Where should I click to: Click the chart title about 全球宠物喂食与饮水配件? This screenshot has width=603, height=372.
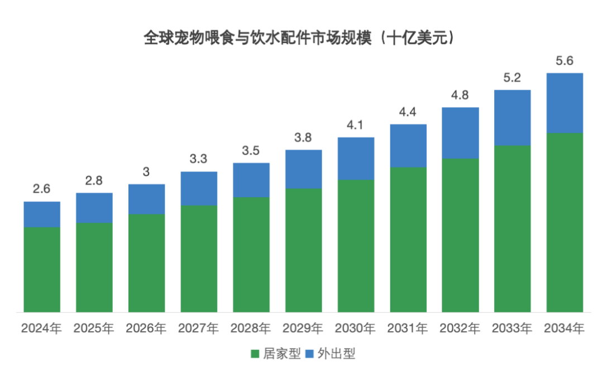tap(301, 38)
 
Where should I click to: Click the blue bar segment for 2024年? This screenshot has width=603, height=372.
tap(42, 214)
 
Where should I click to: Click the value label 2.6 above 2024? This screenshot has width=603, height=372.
tap(42, 190)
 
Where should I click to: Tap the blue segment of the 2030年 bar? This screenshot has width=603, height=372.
tap(356, 158)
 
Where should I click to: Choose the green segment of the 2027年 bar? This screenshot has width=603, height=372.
tap(199, 258)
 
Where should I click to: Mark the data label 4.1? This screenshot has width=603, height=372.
tap(356, 125)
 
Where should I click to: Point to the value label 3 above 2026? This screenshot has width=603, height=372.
tap(146, 172)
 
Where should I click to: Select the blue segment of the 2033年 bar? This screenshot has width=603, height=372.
tap(513, 118)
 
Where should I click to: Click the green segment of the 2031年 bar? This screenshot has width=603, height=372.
tap(408, 239)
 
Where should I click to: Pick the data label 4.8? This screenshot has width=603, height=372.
tap(460, 95)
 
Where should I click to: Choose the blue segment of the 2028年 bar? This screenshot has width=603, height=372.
tap(251, 180)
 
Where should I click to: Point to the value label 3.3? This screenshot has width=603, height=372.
tap(199, 160)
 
